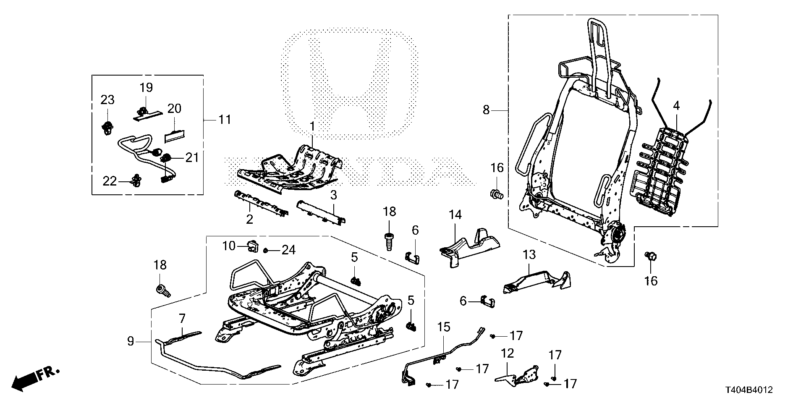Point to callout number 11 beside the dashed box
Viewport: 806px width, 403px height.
[225, 120]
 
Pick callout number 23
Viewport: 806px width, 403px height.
[107, 100]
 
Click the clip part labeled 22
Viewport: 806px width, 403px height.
[136, 181]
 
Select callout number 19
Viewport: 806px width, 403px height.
[146, 88]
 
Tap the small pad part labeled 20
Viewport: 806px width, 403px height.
[176, 135]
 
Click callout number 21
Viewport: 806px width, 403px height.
[192, 157]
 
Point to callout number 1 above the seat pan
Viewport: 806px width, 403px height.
[312, 126]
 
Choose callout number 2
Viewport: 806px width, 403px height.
[249, 219]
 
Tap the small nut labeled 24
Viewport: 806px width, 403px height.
[266, 251]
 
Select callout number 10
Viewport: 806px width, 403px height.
[229, 246]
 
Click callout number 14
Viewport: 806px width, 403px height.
[455, 215]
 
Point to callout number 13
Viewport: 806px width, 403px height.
[529, 254]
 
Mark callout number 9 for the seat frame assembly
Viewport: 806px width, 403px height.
[131, 341]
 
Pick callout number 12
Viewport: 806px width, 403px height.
[508, 353]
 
